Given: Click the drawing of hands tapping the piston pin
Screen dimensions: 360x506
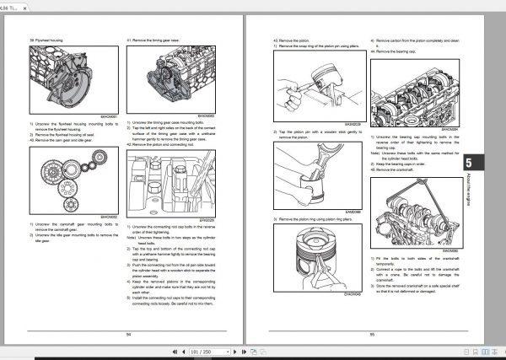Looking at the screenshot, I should (311, 169).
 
